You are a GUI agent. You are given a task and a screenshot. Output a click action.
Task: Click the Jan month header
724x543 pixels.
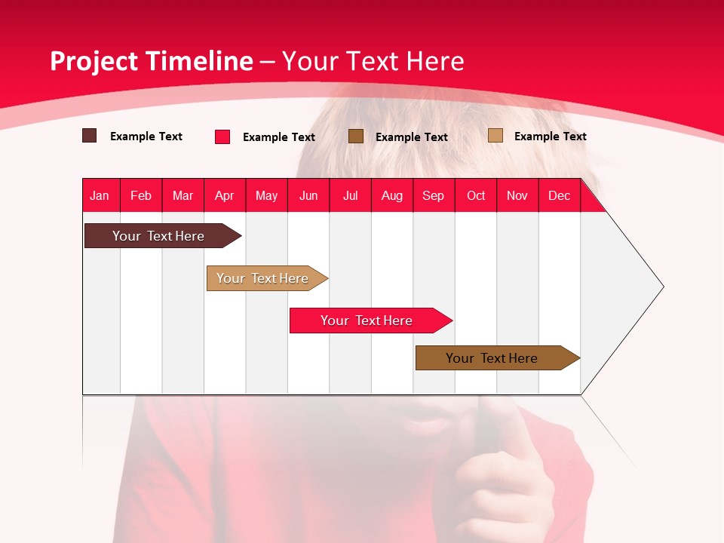click(100, 195)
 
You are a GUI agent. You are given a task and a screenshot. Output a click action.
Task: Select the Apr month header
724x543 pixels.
click(225, 195)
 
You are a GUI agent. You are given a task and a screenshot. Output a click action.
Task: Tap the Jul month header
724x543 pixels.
click(350, 195)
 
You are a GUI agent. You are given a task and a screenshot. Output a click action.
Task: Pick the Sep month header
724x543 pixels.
click(433, 195)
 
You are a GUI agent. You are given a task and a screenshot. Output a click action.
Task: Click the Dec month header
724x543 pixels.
click(559, 195)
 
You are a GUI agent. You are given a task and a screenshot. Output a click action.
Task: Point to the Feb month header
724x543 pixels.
click(141, 195)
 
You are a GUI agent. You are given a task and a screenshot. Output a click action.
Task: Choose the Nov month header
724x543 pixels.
click(517, 195)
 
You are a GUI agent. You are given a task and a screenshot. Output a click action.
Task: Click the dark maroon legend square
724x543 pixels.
click(89, 136)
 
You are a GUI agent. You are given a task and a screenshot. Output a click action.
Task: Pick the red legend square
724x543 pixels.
click(222, 137)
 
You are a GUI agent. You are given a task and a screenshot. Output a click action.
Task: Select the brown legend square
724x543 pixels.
click(356, 136)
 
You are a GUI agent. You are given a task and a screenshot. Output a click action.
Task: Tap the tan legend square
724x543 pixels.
click(495, 136)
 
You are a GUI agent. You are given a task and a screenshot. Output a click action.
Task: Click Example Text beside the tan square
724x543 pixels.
click(550, 137)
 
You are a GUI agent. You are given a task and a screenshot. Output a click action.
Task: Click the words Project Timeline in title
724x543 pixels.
click(152, 61)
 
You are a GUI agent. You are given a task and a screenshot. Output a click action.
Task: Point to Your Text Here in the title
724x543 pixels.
click(373, 61)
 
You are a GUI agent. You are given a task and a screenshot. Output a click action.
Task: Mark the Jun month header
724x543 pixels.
click(308, 195)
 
